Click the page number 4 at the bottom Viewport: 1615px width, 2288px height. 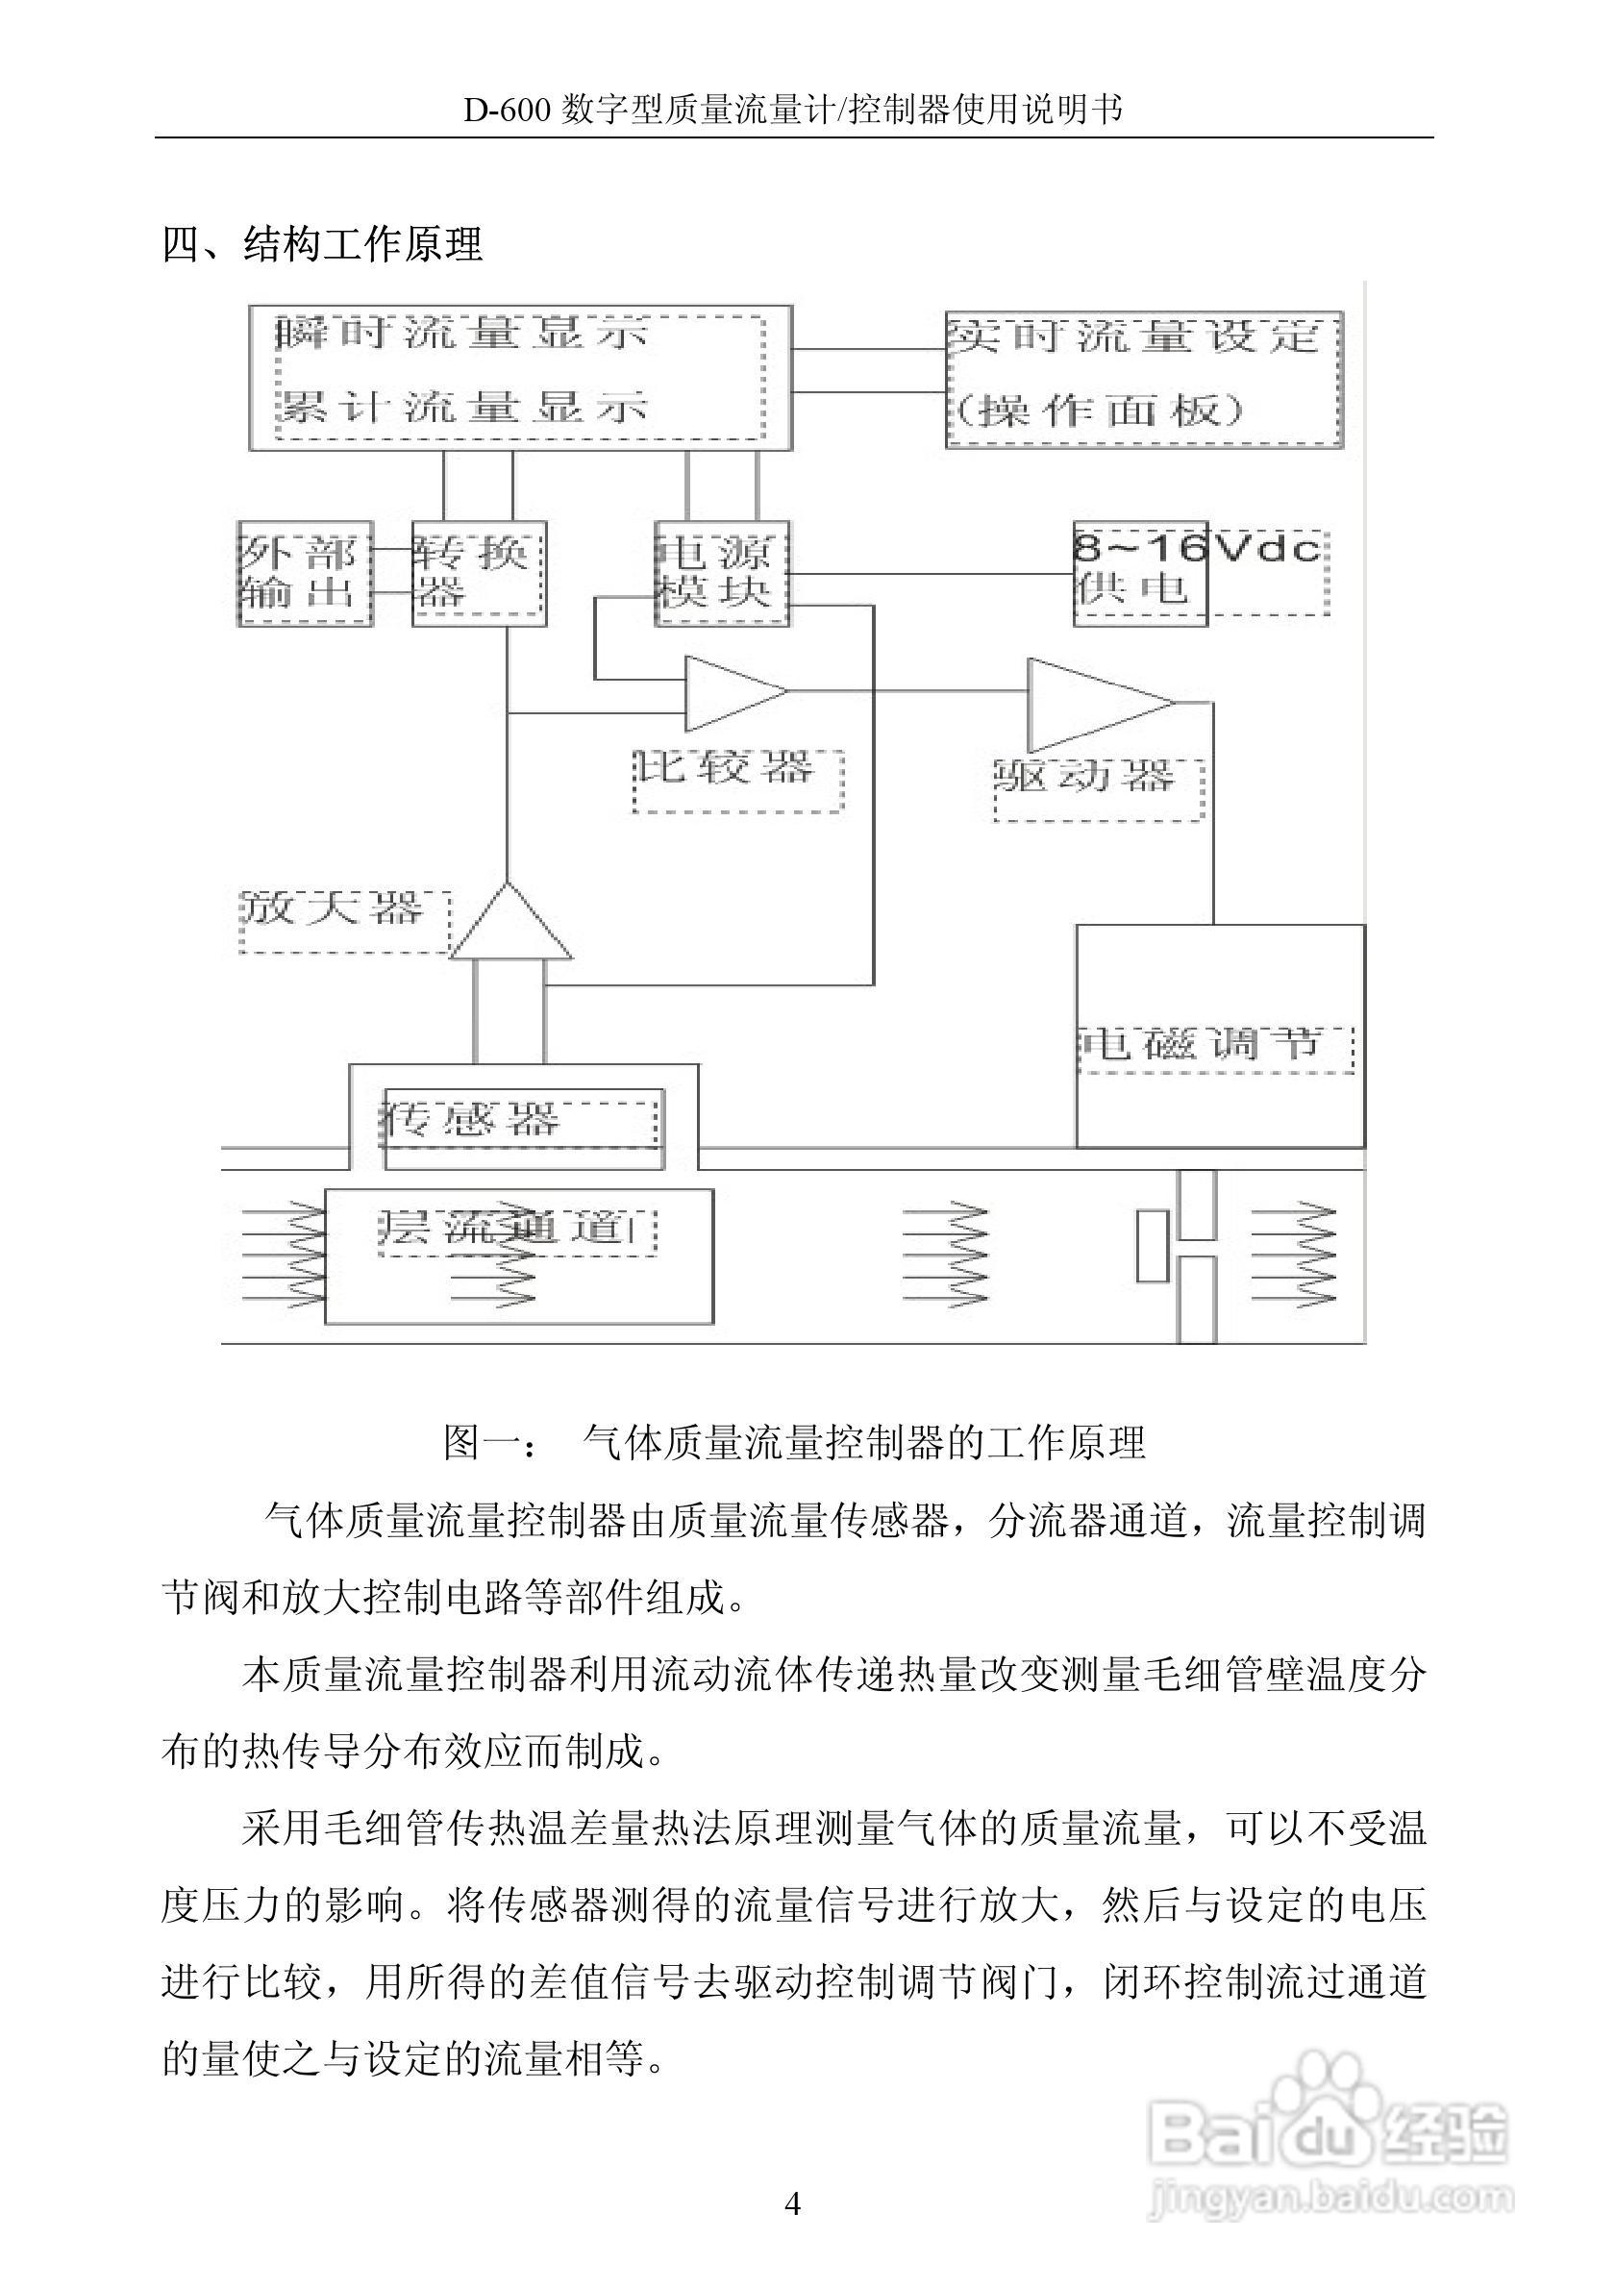[793, 2203]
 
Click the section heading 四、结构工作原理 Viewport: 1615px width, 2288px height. [323, 244]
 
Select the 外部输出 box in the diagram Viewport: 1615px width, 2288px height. [305, 573]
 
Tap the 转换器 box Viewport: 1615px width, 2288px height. [480, 573]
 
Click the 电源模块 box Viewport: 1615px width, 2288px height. [721, 573]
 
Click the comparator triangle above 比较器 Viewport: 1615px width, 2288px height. [732, 692]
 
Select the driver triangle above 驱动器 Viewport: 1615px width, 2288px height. [1094, 704]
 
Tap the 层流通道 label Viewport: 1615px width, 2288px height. [516, 1228]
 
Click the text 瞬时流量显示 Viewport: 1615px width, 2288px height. [462, 335]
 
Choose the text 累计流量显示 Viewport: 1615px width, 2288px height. [462, 407]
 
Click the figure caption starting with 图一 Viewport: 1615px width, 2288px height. [794, 1442]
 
